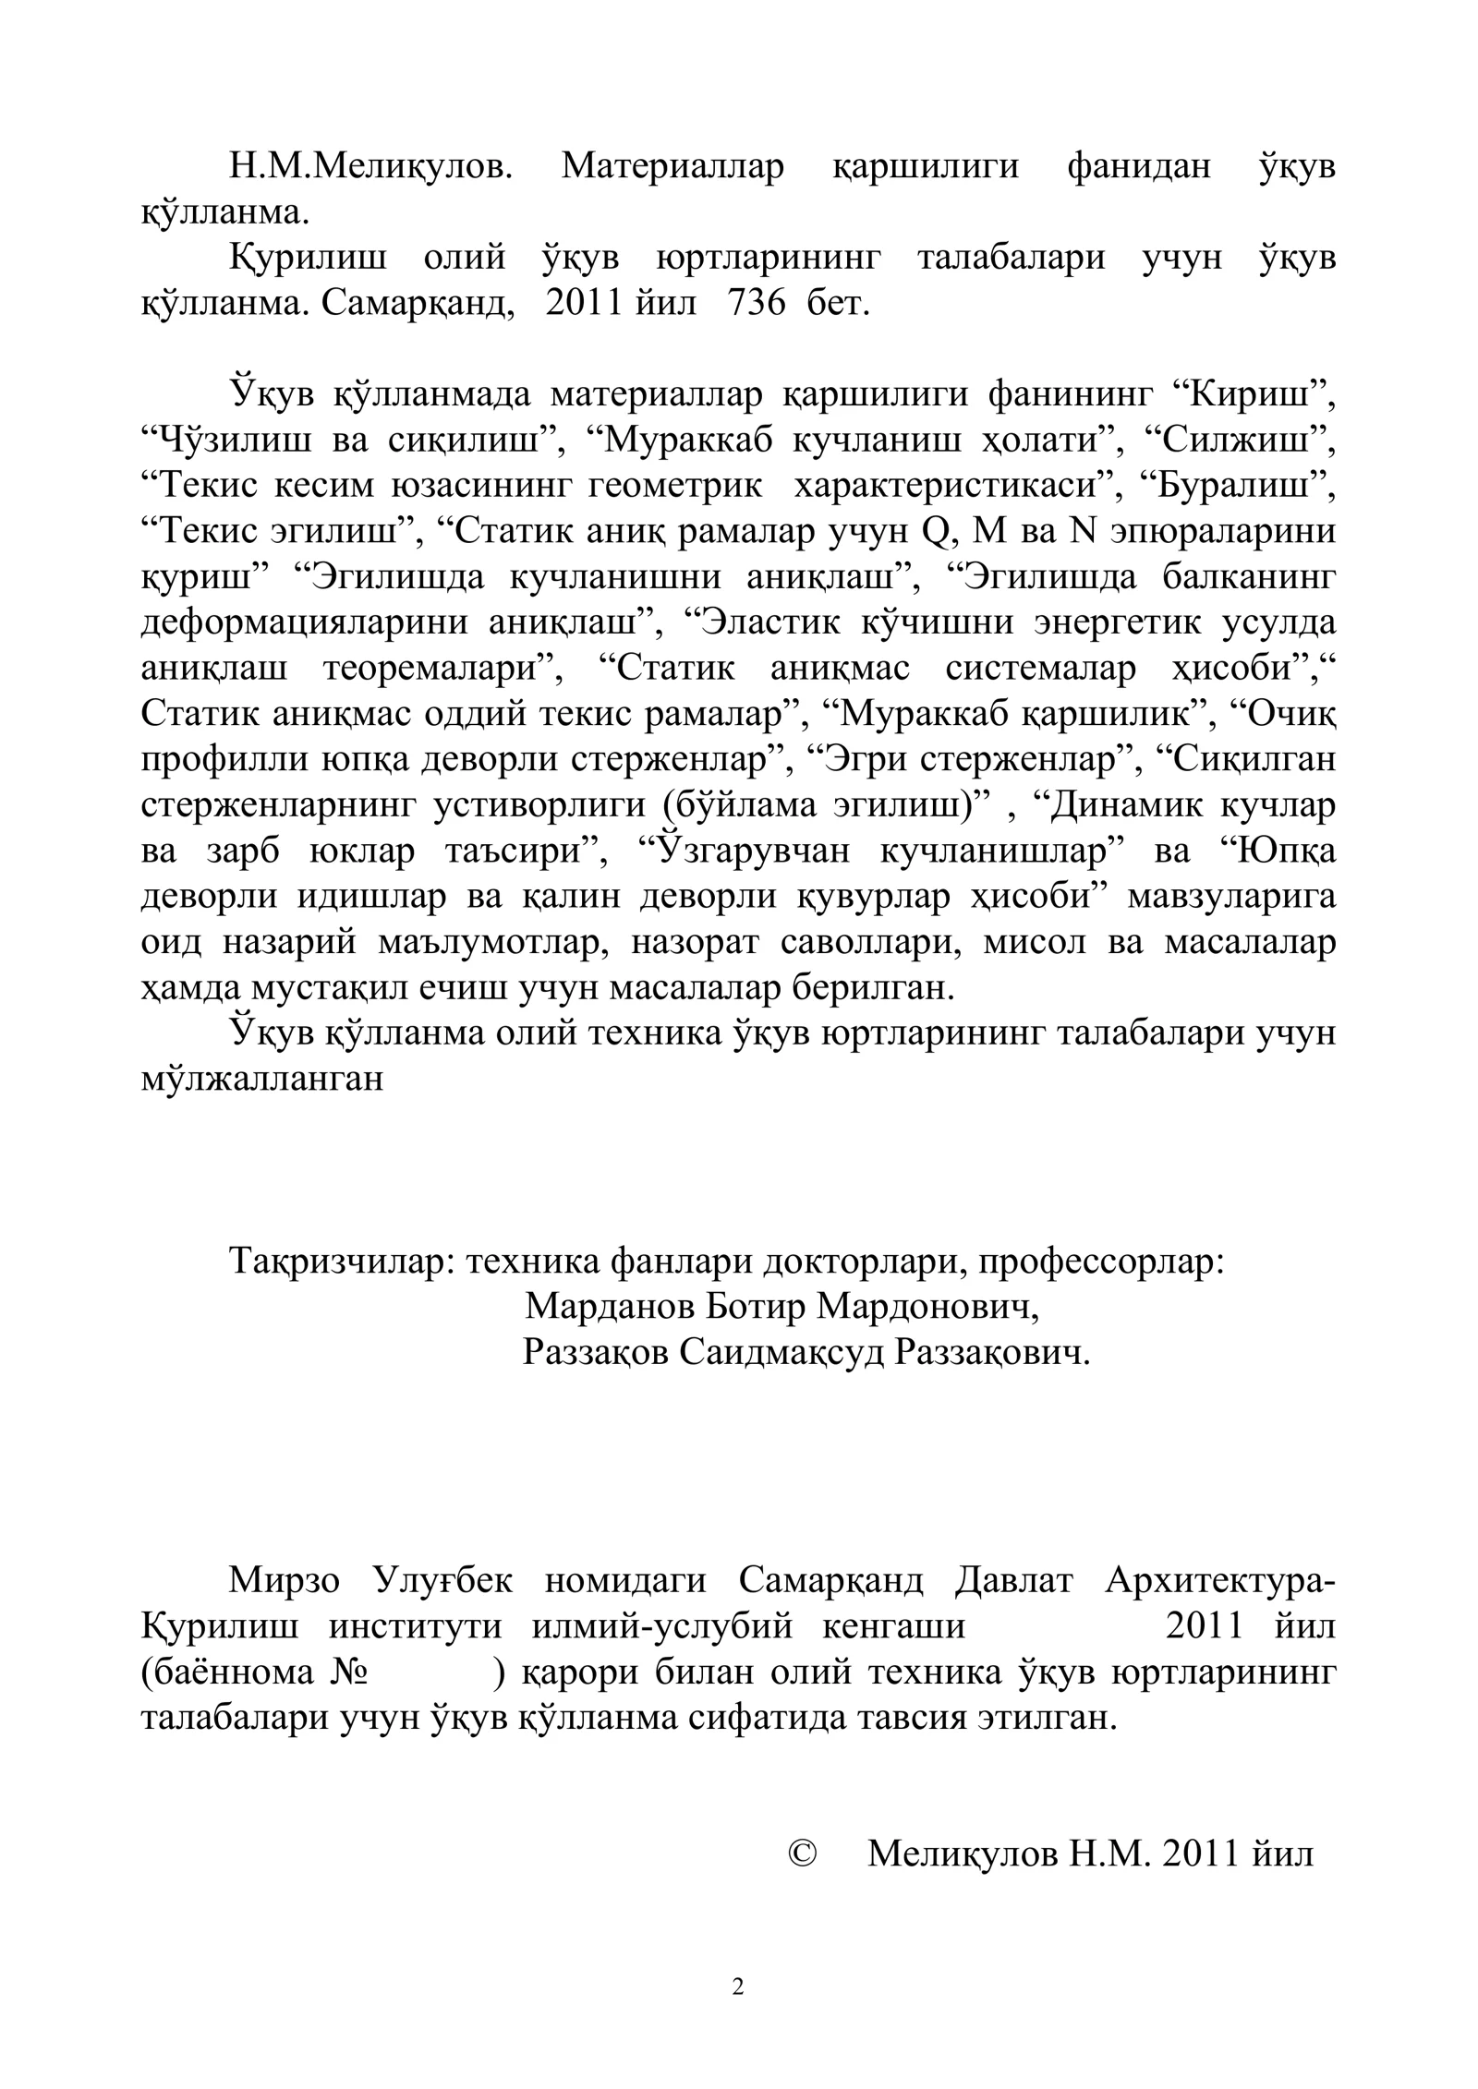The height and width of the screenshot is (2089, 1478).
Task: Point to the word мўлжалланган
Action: (x=261, y=1080)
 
